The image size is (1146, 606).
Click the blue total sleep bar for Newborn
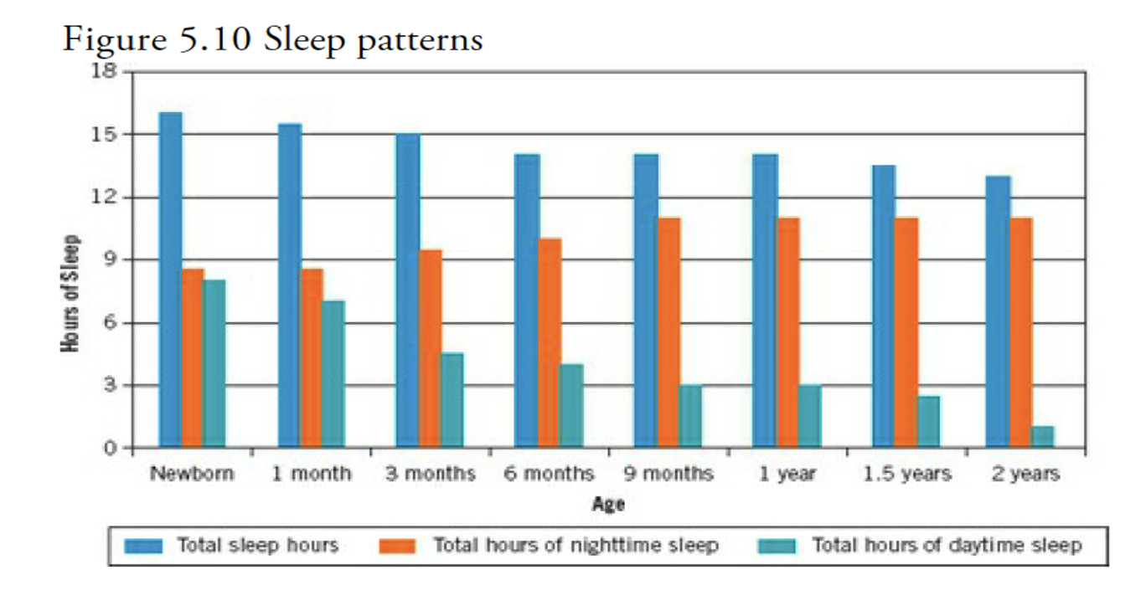(171, 280)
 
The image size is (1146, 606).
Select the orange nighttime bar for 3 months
(430, 349)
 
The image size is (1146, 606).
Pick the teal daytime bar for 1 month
(333, 374)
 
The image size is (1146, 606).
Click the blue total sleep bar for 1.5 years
(884, 306)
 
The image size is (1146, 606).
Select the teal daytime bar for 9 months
(690, 417)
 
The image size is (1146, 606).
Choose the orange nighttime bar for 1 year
(788, 333)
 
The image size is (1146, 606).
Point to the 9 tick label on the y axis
(108, 259)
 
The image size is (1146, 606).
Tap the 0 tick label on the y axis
(108, 449)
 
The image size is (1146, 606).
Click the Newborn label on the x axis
(192, 474)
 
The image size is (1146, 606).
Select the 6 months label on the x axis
(549, 474)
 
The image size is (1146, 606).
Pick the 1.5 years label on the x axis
(907, 474)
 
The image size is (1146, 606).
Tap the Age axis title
(607, 504)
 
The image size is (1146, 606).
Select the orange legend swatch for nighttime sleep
(399, 547)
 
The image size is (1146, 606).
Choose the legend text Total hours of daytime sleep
(947, 546)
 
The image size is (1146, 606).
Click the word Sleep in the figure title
(303, 39)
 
